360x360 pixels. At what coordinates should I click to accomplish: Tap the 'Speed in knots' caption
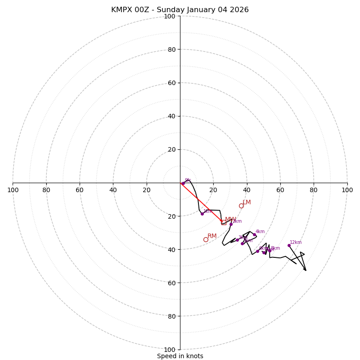click(x=180, y=356)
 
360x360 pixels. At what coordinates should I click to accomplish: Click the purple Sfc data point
click(x=183, y=183)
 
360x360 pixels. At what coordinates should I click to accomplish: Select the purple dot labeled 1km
click(x=202, y=214)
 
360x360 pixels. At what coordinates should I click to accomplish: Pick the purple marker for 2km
click(x=231, y=224)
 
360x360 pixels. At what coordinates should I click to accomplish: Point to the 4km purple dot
click(x=254, y=234)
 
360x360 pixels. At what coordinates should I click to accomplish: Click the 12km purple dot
click(x=289, y=245)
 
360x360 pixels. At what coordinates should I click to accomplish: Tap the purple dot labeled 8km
click(x=270, y=250)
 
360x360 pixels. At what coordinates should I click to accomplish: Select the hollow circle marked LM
click(x=241, y=206)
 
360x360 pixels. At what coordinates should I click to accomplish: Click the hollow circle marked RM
click(x=206, y=239)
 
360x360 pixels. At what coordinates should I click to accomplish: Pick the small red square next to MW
click(x=224, y=222)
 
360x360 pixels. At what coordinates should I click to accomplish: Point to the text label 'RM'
click(x=212, y=236)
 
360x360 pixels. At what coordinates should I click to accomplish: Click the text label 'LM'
click(x=247, y=202)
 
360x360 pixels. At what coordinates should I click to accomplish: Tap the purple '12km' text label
click(x=296, y=243)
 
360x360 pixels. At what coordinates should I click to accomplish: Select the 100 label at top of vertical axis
click(x=170, y=17)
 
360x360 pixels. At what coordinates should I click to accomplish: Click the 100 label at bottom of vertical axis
click(x=170, y=350)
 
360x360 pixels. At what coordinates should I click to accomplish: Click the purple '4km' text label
click(x=260, y=232)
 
